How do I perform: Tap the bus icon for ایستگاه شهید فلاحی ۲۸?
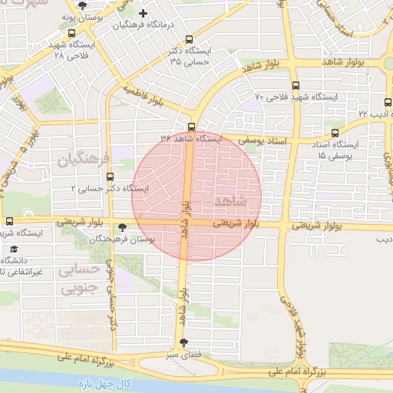click(71, 34)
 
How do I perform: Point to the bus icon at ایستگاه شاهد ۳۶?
click(191, 127)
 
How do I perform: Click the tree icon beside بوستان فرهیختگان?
click(123, 227)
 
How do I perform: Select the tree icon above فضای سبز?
click(183, 343)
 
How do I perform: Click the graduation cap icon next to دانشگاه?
click(14, 249)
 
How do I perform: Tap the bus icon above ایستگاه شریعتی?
click(9, 220)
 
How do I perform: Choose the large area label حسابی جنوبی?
click(80, 279)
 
